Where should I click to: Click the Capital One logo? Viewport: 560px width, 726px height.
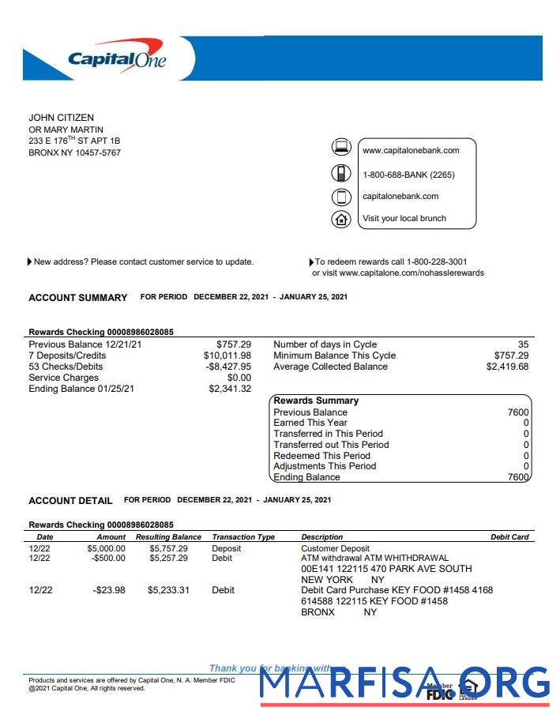point(116,58)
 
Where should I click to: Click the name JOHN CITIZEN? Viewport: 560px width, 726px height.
point(61,118)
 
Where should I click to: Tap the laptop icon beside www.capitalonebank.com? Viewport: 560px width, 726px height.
point(340,147)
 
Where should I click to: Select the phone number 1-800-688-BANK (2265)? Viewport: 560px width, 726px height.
point(408,175)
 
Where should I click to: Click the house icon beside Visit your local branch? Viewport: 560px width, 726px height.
point(340,219)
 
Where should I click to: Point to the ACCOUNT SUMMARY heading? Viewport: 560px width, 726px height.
point(77,298)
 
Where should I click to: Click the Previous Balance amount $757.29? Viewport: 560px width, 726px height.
point(234,344)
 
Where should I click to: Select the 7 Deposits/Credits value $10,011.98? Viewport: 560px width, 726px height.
point(227,355)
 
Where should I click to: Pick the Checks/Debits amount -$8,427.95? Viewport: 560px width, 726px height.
point(228,367)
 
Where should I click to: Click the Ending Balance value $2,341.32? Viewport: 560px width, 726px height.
point(230,389)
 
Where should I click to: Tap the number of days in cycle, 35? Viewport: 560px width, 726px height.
point(523,344)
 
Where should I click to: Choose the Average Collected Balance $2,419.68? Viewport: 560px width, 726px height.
point(507,367)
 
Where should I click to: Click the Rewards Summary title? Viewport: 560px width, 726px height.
point(316,401)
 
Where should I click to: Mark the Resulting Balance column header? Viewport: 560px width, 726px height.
point(168,537)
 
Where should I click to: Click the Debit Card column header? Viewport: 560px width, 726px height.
point(509,537)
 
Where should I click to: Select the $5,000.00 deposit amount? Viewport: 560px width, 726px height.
point(106,548)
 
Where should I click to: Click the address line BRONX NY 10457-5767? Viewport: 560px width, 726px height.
point(74,152)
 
